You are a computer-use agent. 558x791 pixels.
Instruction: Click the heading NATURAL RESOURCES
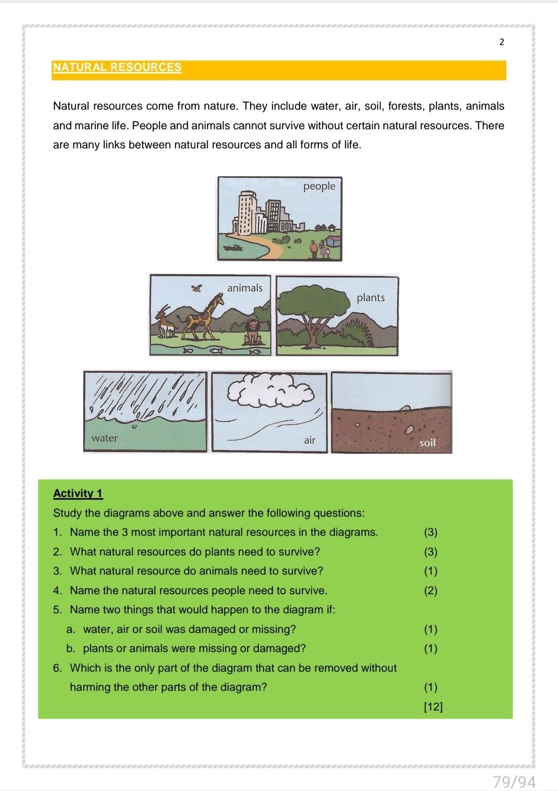click(117, 67)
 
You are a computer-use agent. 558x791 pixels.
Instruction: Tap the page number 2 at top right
click(501, 42)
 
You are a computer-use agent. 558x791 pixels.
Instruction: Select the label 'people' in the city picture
click(319, 186)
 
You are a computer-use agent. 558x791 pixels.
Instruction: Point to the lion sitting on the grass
click(253, 332)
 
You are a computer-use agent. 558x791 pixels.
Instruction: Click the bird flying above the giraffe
click(196, 288)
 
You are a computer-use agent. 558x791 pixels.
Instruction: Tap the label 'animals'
click(244, 288)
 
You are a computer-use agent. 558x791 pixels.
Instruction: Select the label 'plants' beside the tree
click(370, 298)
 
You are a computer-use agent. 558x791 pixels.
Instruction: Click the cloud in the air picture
click(270, 391)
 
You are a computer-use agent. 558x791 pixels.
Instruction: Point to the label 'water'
click(104, 438)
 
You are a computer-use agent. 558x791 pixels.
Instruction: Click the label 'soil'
click(427, 443)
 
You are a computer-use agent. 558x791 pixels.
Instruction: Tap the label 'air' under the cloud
click(309, 440)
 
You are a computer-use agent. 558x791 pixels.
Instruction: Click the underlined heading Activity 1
click(78, 493)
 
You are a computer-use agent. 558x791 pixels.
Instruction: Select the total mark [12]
click(433, 707)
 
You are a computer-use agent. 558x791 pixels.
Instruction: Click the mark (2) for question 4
click(430, 591)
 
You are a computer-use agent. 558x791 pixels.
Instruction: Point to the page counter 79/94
click(514, 782)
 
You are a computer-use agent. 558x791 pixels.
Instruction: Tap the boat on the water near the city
click(233, 247)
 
